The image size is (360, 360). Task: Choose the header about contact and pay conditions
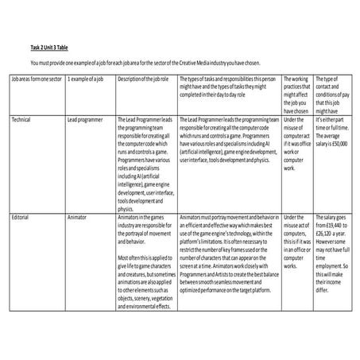332,95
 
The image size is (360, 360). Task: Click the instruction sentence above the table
144,63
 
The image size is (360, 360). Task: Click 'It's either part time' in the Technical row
332,122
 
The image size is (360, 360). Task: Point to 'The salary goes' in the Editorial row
332,215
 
